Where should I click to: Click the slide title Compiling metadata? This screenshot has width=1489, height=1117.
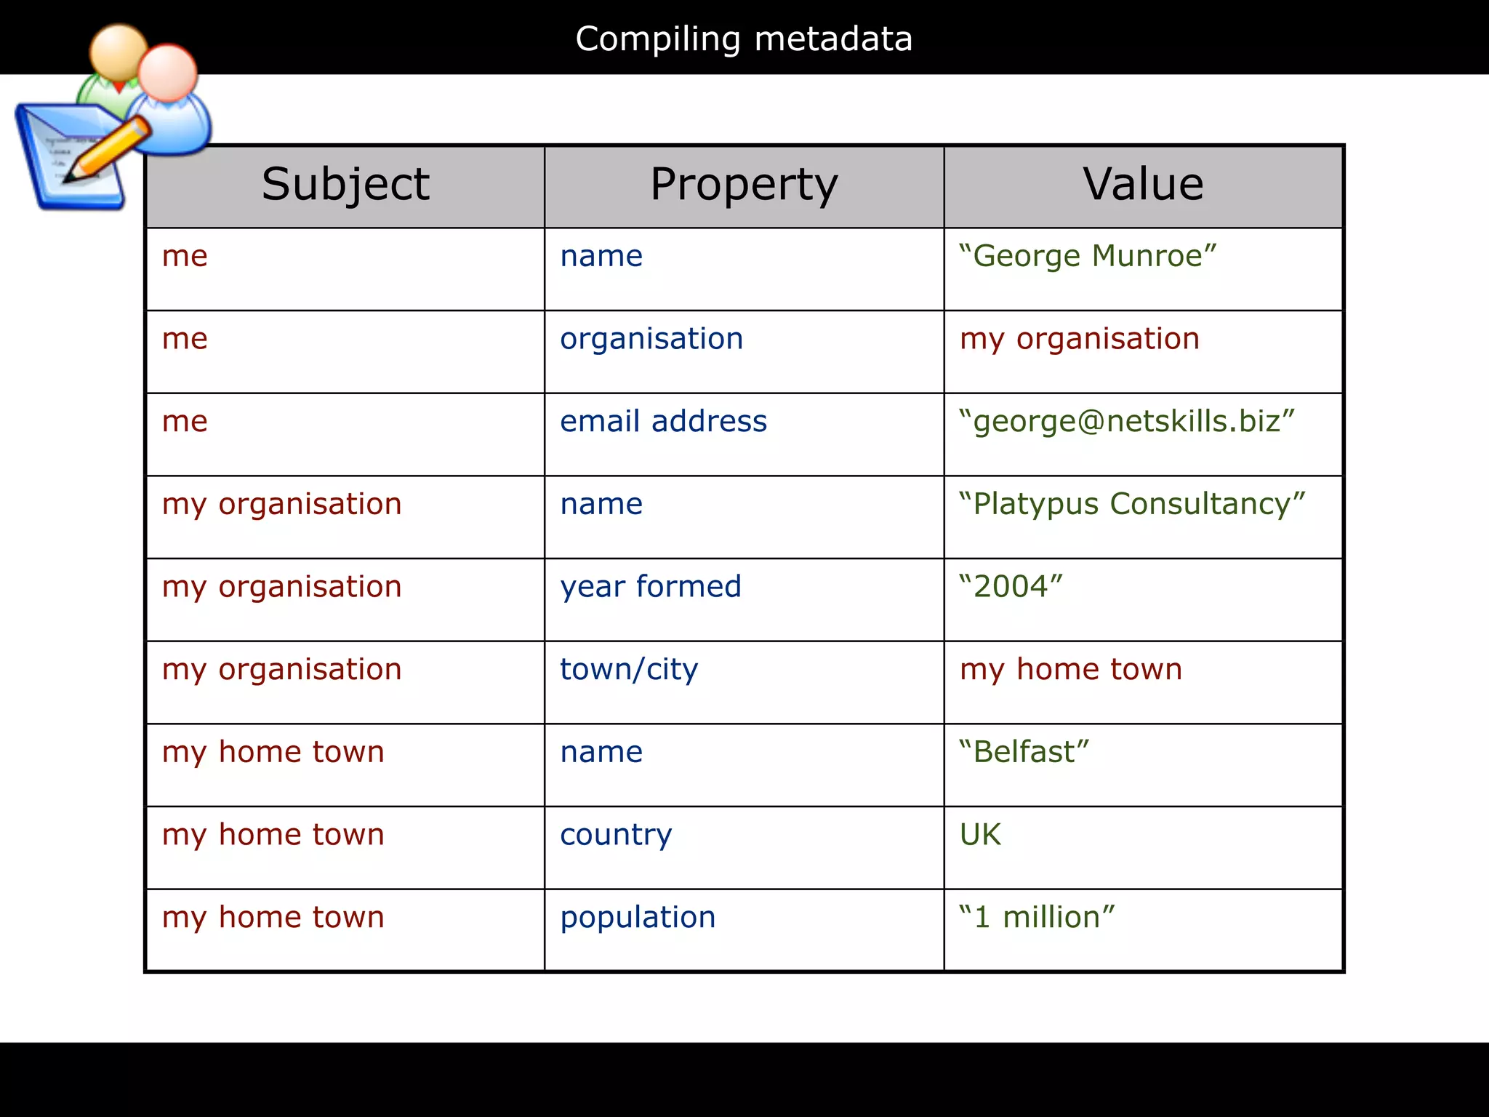click(744, 39)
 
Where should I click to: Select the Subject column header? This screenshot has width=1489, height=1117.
click(345, 184)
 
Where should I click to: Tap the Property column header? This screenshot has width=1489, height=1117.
click(744, 184)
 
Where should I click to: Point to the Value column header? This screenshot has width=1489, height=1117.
click(1143, 184)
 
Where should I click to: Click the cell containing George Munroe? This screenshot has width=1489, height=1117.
click(1088, 257)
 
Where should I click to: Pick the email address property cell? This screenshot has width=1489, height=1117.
click(663, 422)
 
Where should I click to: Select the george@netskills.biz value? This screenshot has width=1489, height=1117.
click(1127, 422)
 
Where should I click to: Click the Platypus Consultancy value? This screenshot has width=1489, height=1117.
click(1132, 504)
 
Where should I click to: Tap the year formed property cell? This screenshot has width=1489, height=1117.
click(651, 587)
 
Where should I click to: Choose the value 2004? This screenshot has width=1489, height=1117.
click(1011, 587)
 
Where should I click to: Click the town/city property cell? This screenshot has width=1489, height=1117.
click(629, 670)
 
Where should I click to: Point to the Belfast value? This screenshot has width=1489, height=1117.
click(1024, 752)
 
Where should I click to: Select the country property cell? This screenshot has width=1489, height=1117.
click(616, 835)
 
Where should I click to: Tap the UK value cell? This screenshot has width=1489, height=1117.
click(980, 835)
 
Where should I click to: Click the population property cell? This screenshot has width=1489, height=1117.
click(638, 918)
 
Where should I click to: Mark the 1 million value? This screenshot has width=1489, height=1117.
click(1037, 918)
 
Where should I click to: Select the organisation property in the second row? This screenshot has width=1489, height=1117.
click(651, 339)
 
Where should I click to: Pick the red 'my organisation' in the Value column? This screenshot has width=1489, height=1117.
click(1080, 339)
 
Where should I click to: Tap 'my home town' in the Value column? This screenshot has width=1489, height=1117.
click(1071, 670)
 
